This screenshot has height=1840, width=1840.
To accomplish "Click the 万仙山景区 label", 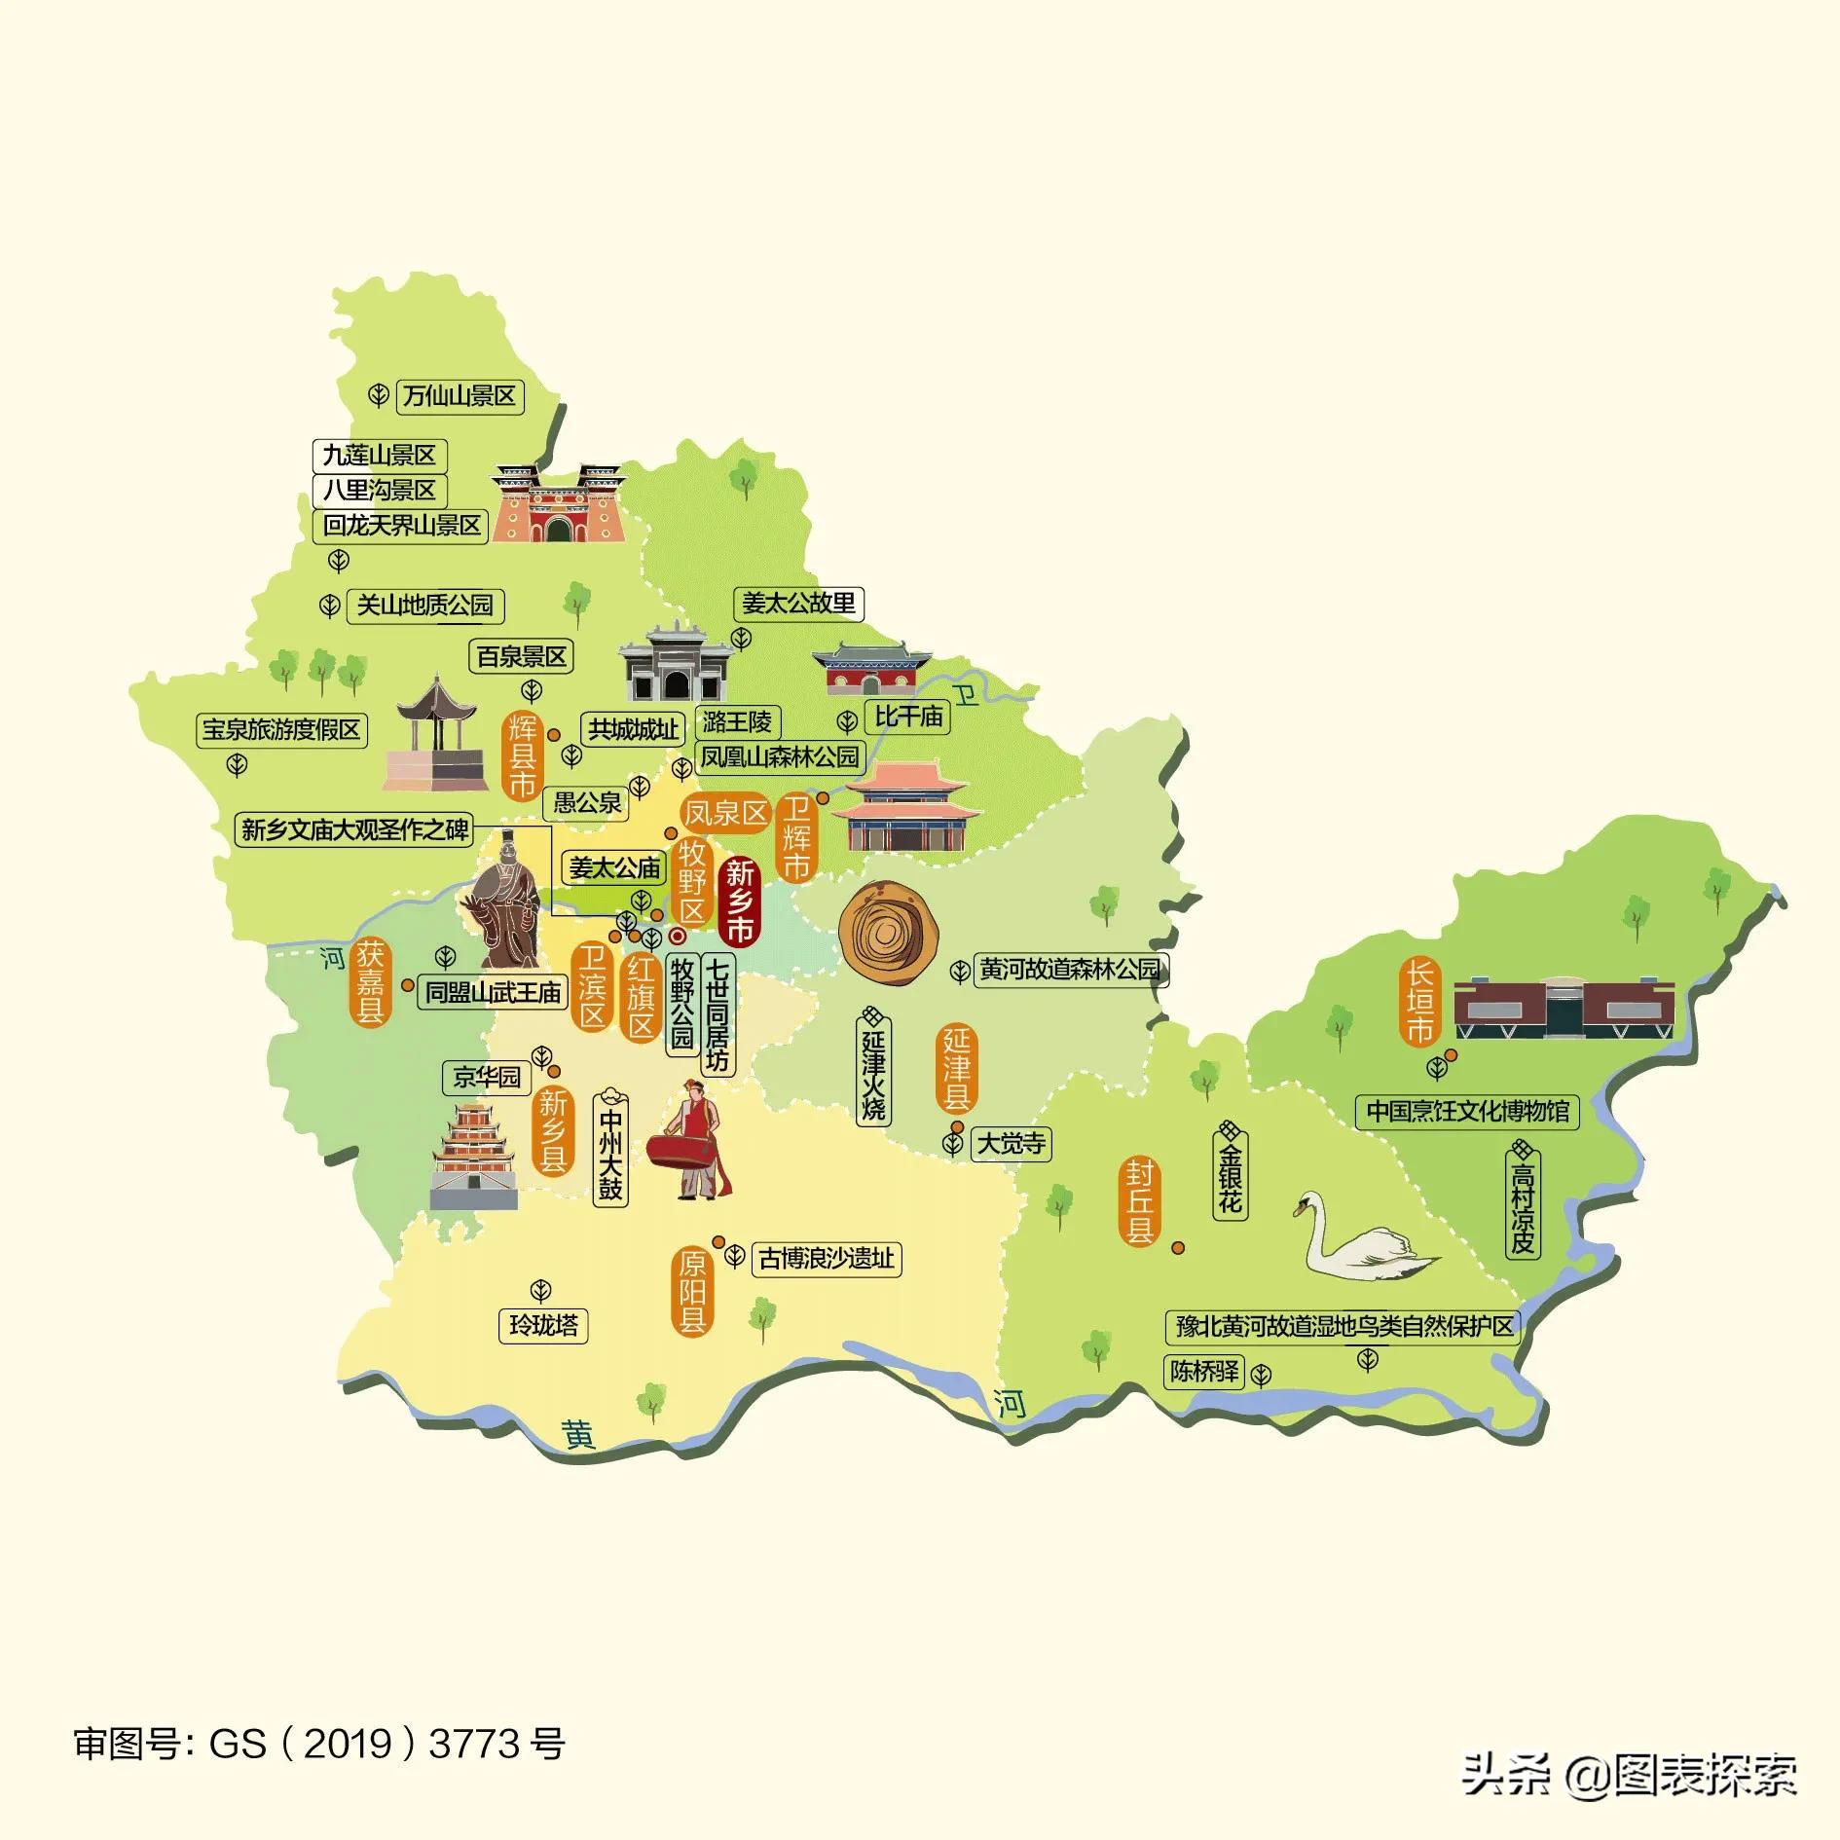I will coord(460,396).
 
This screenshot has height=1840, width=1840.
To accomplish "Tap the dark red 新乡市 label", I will coord(739,902).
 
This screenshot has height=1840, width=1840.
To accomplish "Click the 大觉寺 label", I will coord(1011,1143).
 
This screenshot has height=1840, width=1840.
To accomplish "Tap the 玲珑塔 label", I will coord(543,1326).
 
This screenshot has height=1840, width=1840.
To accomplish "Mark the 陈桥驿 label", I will coord(1204,1372).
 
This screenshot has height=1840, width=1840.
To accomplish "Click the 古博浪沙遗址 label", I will coord(827,1259).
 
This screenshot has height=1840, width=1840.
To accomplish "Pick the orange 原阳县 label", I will coord(692,1292).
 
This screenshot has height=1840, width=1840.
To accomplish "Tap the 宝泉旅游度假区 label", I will coord(281,729).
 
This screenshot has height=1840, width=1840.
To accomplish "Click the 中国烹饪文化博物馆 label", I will coord(1467,1111).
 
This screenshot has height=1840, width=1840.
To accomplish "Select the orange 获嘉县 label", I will coord(369,980).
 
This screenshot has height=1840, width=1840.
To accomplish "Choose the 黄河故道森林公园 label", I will coord(1070,970).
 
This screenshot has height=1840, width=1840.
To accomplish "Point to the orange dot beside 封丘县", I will coord(1178,1247).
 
